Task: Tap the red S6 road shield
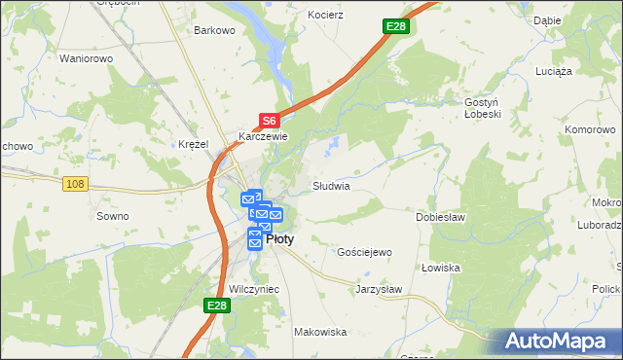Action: pyautogui.click(x=270, y=121)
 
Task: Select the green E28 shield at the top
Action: pyautogui.click(x=394, y=26)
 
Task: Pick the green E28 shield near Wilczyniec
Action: pyautogui.click(x=217, y=306)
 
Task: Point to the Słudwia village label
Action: pyautogui.click(x=331, y=185)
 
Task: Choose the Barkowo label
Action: pyautogui.click(x=215, y=30)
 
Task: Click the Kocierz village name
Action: pyautogui.click(x=326, y=16)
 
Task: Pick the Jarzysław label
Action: pyautogui.click(x=379, y=289)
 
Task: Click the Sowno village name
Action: pyautogui.click(x=112, y=216)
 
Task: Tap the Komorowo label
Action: pyautogui.click(x=592, y=128)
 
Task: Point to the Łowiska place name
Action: pyautogui.click(x=440, y=268)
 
